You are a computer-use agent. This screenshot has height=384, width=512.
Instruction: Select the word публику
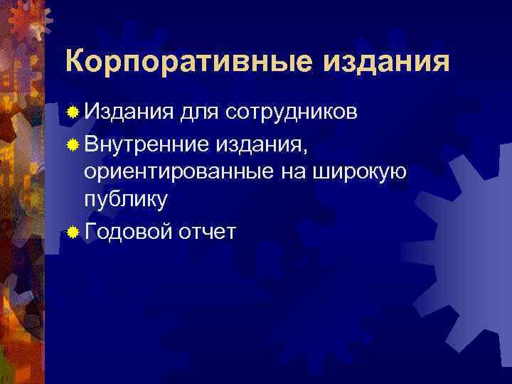click(126, 200)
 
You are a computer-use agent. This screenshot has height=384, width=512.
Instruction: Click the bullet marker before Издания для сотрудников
click(73, 112)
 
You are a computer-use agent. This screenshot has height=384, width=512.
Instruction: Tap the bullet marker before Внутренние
click(73, 145)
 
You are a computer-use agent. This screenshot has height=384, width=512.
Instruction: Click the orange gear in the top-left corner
click(25, 25)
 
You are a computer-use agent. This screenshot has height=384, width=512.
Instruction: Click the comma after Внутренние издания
click(306, 151)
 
